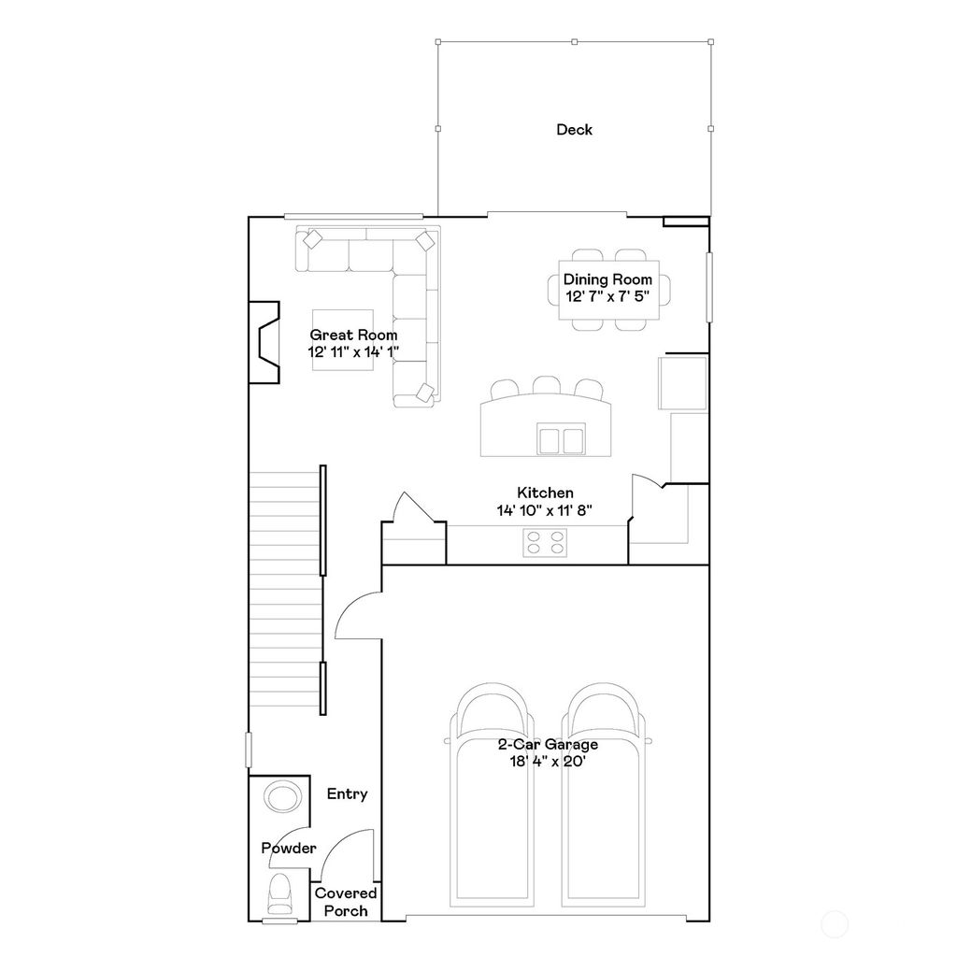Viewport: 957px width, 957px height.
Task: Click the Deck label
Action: pos(574,130)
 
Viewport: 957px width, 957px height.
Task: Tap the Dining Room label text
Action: pos(607,279)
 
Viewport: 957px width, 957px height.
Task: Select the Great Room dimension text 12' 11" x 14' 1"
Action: pos(353,352)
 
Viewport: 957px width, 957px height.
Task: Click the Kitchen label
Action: pos(545,493)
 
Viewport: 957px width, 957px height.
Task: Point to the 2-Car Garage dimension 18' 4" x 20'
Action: pos(547,762)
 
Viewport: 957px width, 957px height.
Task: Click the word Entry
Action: pos(347,793)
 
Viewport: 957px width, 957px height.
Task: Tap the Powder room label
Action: pos(288,849)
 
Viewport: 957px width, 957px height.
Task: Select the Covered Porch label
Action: pos(346,902)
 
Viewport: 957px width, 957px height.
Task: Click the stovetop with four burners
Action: pos(545,543)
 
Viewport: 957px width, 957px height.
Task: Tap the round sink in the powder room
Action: pos(281,797)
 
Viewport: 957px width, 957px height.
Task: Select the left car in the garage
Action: pos(493,794)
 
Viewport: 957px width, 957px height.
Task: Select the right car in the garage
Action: pos(605,794)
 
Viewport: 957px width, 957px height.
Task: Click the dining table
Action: pos(608,289)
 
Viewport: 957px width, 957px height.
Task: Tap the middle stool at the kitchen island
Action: pos(546,387)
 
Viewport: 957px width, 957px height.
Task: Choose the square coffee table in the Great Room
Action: pos(342,338)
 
